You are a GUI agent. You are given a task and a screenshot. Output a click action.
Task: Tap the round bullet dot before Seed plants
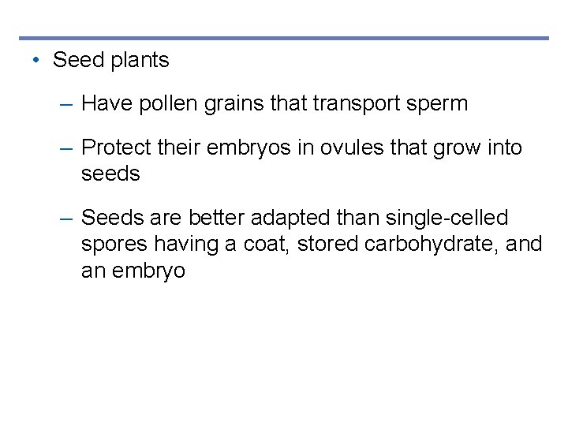coord(36,60)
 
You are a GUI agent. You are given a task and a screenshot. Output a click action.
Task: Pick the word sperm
coord(440,103)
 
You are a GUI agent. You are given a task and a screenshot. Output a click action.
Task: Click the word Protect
coord(114,148)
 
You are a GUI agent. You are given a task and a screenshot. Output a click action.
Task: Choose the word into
coord(503,148)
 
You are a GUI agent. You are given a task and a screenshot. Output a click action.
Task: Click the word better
coord(217,218)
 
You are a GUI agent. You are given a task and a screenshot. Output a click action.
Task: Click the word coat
coord(267,245)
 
